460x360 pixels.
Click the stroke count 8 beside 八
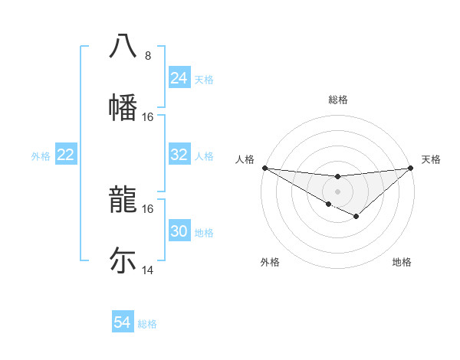coord(147,56)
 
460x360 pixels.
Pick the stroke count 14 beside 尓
coord(148,270)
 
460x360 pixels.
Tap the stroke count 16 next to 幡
coord(148,116)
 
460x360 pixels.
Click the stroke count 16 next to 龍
coord(148,208)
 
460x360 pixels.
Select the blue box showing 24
coord(179,78)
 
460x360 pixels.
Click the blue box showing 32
coord(179,155)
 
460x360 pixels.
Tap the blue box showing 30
coord(179,231)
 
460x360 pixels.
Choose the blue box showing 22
coord(65,155)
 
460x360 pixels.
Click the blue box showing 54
coord(122,323)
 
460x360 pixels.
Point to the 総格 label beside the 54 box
coord(147,324)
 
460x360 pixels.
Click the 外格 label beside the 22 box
coord(41,156)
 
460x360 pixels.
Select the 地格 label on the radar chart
coord(402,262)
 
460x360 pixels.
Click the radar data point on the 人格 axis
coord(264,168)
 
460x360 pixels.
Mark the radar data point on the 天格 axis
coord(410,168)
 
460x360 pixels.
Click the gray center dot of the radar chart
coord(337,191)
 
